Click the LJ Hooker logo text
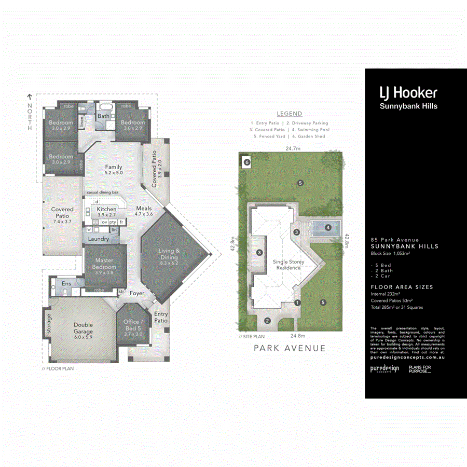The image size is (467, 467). click(x=408, y=93)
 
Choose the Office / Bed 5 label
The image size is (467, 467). click(x=133, y=325)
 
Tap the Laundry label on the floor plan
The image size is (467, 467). click(x=99, y=239)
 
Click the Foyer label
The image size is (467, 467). click(x=137, y=293)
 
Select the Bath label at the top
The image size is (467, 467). click(x=104, y=116)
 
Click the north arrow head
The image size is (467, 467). click(x=30, y=97)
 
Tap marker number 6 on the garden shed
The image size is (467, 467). click(x=247, y=162)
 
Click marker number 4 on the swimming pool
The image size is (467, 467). click(x=328, y=227)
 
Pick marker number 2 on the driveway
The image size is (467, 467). click(x=267, y=321)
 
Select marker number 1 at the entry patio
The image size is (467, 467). click(x=297, y=303)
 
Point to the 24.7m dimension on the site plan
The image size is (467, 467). click(x=292, y=148)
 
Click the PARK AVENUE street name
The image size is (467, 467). click(x=290, y=348)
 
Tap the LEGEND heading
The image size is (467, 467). click(x=289, y=114)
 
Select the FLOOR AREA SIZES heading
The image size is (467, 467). click(x=402, y=287)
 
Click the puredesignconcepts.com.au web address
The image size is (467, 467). click(x=407, y=358)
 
